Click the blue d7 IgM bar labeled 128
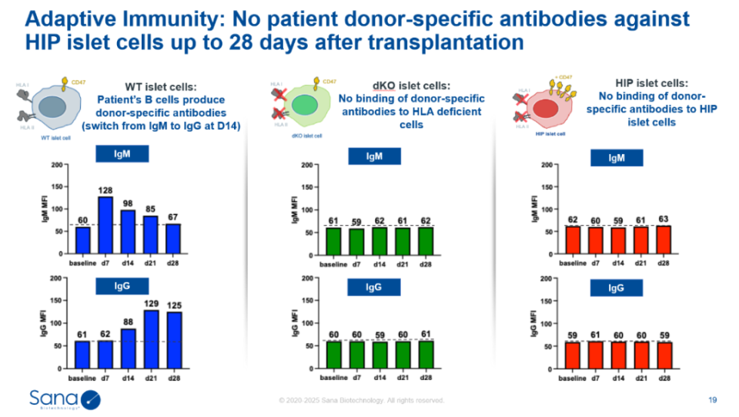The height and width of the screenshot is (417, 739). pyautogui.click(x=105, y=224)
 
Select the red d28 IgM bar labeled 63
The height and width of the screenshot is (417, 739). pyautogui.click(x=664, y=240)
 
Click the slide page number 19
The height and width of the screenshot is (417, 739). pyautogui.click(x=712, y=399)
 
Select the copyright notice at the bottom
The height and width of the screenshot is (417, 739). pyautogui.click(x=361, y=401)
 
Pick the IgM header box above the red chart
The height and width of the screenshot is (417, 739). pyautogui.click(x=617, y=157)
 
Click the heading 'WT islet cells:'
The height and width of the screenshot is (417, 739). pyautogui.click(x=160, y=86)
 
